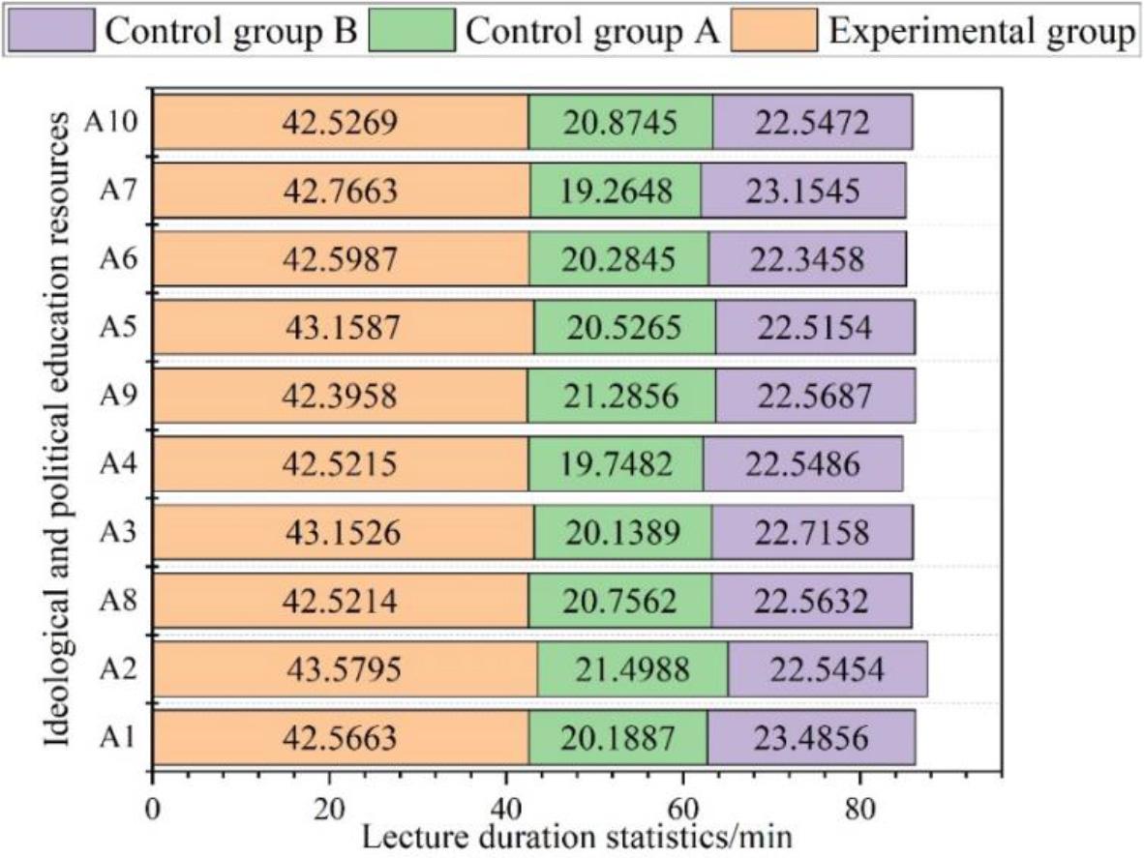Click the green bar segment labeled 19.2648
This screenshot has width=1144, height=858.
pyautogui.click(x=616, y=191)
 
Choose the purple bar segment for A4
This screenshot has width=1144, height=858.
pyautogui.click(x=802, y=464)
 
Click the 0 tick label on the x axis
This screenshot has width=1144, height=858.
pyautogui.click(x=152, y=807)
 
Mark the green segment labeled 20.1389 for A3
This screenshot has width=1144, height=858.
pyautogui.click(x=622, y=533)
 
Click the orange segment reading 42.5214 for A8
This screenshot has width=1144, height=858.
pyautogui.click(x=340, y=601)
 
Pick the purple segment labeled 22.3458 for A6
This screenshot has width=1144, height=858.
pyautogui.click(x=807, y=258)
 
